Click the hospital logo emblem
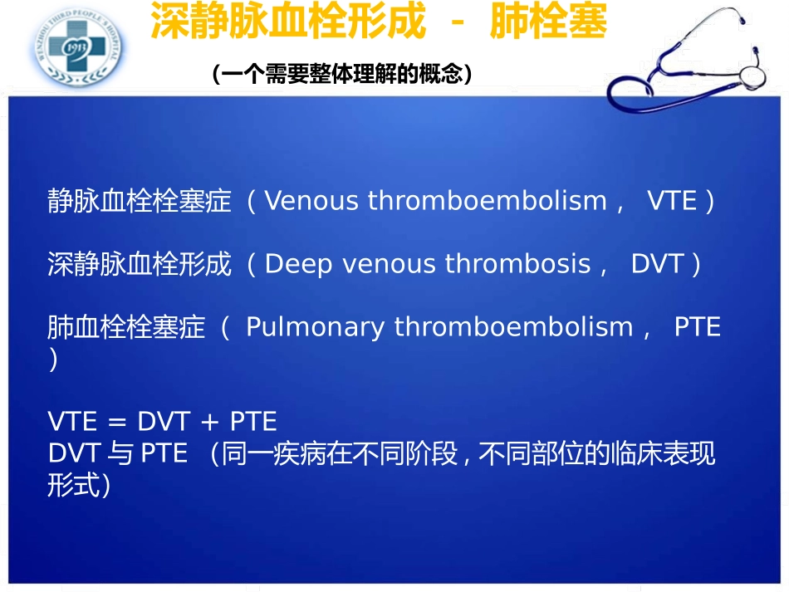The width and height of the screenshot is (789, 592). click(x=77, y=47)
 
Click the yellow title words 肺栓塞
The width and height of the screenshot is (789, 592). click(x=548, y=21)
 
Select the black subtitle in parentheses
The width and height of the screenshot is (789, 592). click(x=342, y=73)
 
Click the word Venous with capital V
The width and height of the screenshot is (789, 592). click(x=311, y=201)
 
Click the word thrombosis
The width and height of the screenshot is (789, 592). click(x=517, y=263)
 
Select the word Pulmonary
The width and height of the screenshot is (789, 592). click(x=316, y=328)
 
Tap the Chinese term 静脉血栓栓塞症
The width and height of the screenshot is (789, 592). click(x=140, y=201)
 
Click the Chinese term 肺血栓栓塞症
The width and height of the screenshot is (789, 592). click(x=126, y=327)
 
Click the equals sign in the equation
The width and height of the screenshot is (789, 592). click(x=117, y=422)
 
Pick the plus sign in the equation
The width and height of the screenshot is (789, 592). click(x=209, y=422)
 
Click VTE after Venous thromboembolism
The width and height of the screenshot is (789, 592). click(x=672, y=201)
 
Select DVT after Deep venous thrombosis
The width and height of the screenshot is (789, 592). click(x=657, y=263)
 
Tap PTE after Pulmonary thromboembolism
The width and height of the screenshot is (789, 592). click(x=698, y=327)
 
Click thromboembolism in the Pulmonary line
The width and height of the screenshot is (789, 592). click(x=514, y=327)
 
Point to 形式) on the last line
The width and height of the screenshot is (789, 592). click(x=79, y=485)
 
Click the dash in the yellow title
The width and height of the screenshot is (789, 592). click(x=458, y=22)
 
